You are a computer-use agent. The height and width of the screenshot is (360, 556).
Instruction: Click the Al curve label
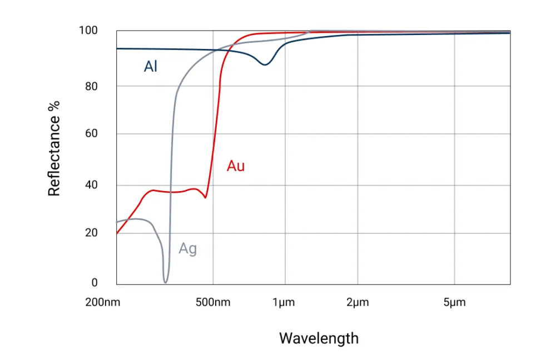[x=151, y=67]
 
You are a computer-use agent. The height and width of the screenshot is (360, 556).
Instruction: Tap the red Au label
[x=236, y=166]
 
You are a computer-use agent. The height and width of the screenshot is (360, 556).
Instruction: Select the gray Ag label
[x=188, y=249]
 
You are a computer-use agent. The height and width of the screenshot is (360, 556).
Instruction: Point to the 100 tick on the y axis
[x=87, y=31]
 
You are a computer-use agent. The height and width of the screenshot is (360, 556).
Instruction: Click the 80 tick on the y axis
[x=91, y=86]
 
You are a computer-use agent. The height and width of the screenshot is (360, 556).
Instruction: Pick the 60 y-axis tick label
[x=91, y=133]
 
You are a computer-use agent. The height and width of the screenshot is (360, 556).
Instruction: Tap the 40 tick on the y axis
[x=91, y=185]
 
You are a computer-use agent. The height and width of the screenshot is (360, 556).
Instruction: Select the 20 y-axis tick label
[x=91, y=233]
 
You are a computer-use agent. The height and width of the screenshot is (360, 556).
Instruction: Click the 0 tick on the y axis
[x=95, y=283]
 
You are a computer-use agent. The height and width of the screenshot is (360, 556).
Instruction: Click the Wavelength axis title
[x=319, y=338]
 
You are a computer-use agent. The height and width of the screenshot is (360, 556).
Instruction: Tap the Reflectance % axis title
[x=54, y=147]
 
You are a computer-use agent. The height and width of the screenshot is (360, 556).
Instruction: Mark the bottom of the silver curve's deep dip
[x=165, y=282]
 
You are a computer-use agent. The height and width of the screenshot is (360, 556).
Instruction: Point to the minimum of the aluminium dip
[x=265, y=65]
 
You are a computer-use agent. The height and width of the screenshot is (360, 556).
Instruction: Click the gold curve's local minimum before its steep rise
[x=206, y=197]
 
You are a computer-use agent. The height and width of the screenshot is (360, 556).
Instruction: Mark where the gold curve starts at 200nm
[x=117, y=234]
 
